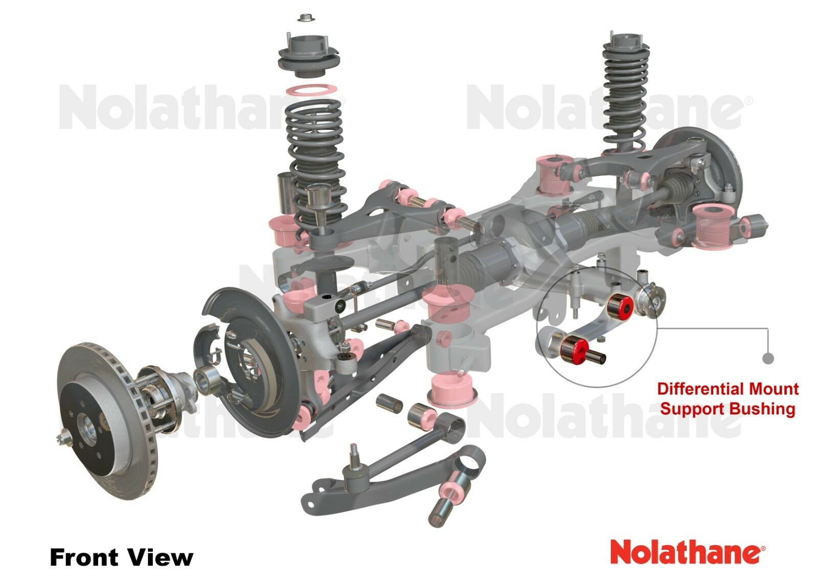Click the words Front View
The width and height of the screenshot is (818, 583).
121,557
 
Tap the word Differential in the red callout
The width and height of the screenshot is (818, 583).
695,389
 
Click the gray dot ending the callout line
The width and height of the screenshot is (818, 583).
768,358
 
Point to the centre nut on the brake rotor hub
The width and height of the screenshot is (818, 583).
65,439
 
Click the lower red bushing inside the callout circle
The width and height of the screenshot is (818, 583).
574,350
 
